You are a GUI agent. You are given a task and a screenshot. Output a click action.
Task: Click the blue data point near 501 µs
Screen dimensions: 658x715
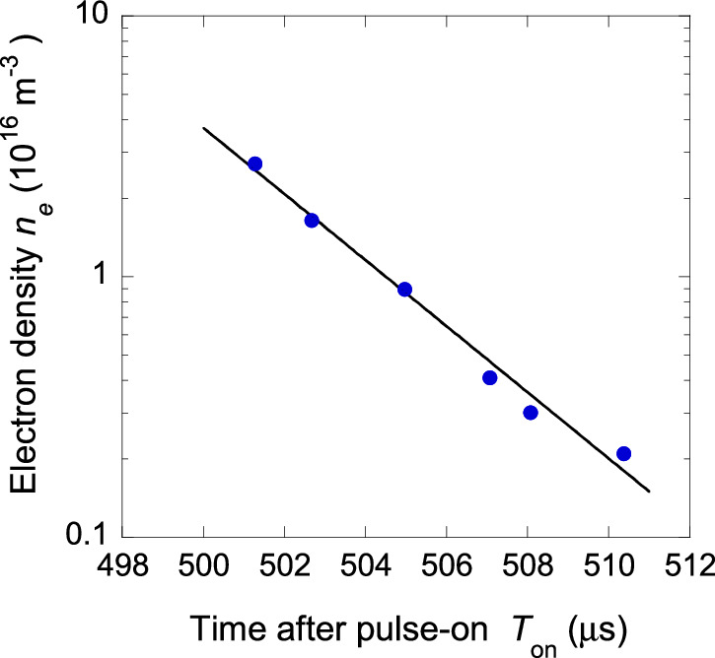tap(255, 164)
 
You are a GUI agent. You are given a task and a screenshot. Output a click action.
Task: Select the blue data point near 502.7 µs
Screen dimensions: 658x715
tap(312, 221)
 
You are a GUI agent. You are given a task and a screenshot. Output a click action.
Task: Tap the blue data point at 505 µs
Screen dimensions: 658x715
tap(404, 290)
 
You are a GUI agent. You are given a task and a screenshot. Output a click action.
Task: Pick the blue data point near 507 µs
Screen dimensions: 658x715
tap(490, 377)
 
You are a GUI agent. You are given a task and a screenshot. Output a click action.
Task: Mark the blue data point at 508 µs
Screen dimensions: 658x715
tap(531, 413)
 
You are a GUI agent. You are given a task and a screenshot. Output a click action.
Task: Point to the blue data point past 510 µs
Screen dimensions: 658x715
tap(623, 453)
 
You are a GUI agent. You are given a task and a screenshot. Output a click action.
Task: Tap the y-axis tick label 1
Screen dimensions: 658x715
tap(99, 278)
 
